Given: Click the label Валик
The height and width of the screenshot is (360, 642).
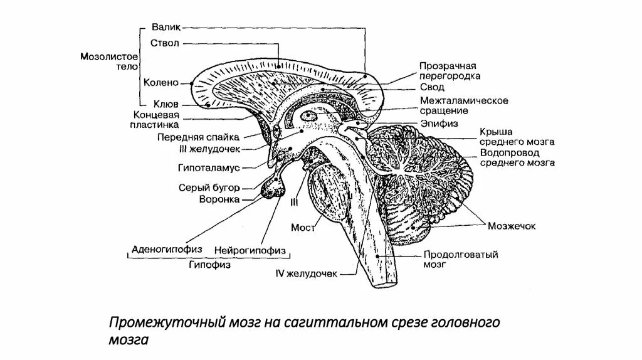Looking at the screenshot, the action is pyautogui.click(x=166, y=27).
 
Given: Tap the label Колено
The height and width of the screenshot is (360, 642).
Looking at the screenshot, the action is pyautogui.click(x=161, y=82).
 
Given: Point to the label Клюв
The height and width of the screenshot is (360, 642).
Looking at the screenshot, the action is pyautogui.click(x=166, y=104).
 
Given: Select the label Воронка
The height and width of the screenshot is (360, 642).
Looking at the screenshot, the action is pyautogui.click(x=219, y=199).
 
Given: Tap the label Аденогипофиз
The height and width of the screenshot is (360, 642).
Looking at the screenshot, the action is pyautogui.click(x=166, y=249).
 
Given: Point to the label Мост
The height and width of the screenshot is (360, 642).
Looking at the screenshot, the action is pyautogui.click(x=302, y=226).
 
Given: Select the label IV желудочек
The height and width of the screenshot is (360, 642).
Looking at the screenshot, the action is pyautogui.click(x=307, y=274).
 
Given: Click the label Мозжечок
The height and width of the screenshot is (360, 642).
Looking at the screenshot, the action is pyautogui.click(x=514, y=226).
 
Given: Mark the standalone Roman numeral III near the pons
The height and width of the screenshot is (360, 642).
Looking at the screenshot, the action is pyautogui.click(x=293, y=201).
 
